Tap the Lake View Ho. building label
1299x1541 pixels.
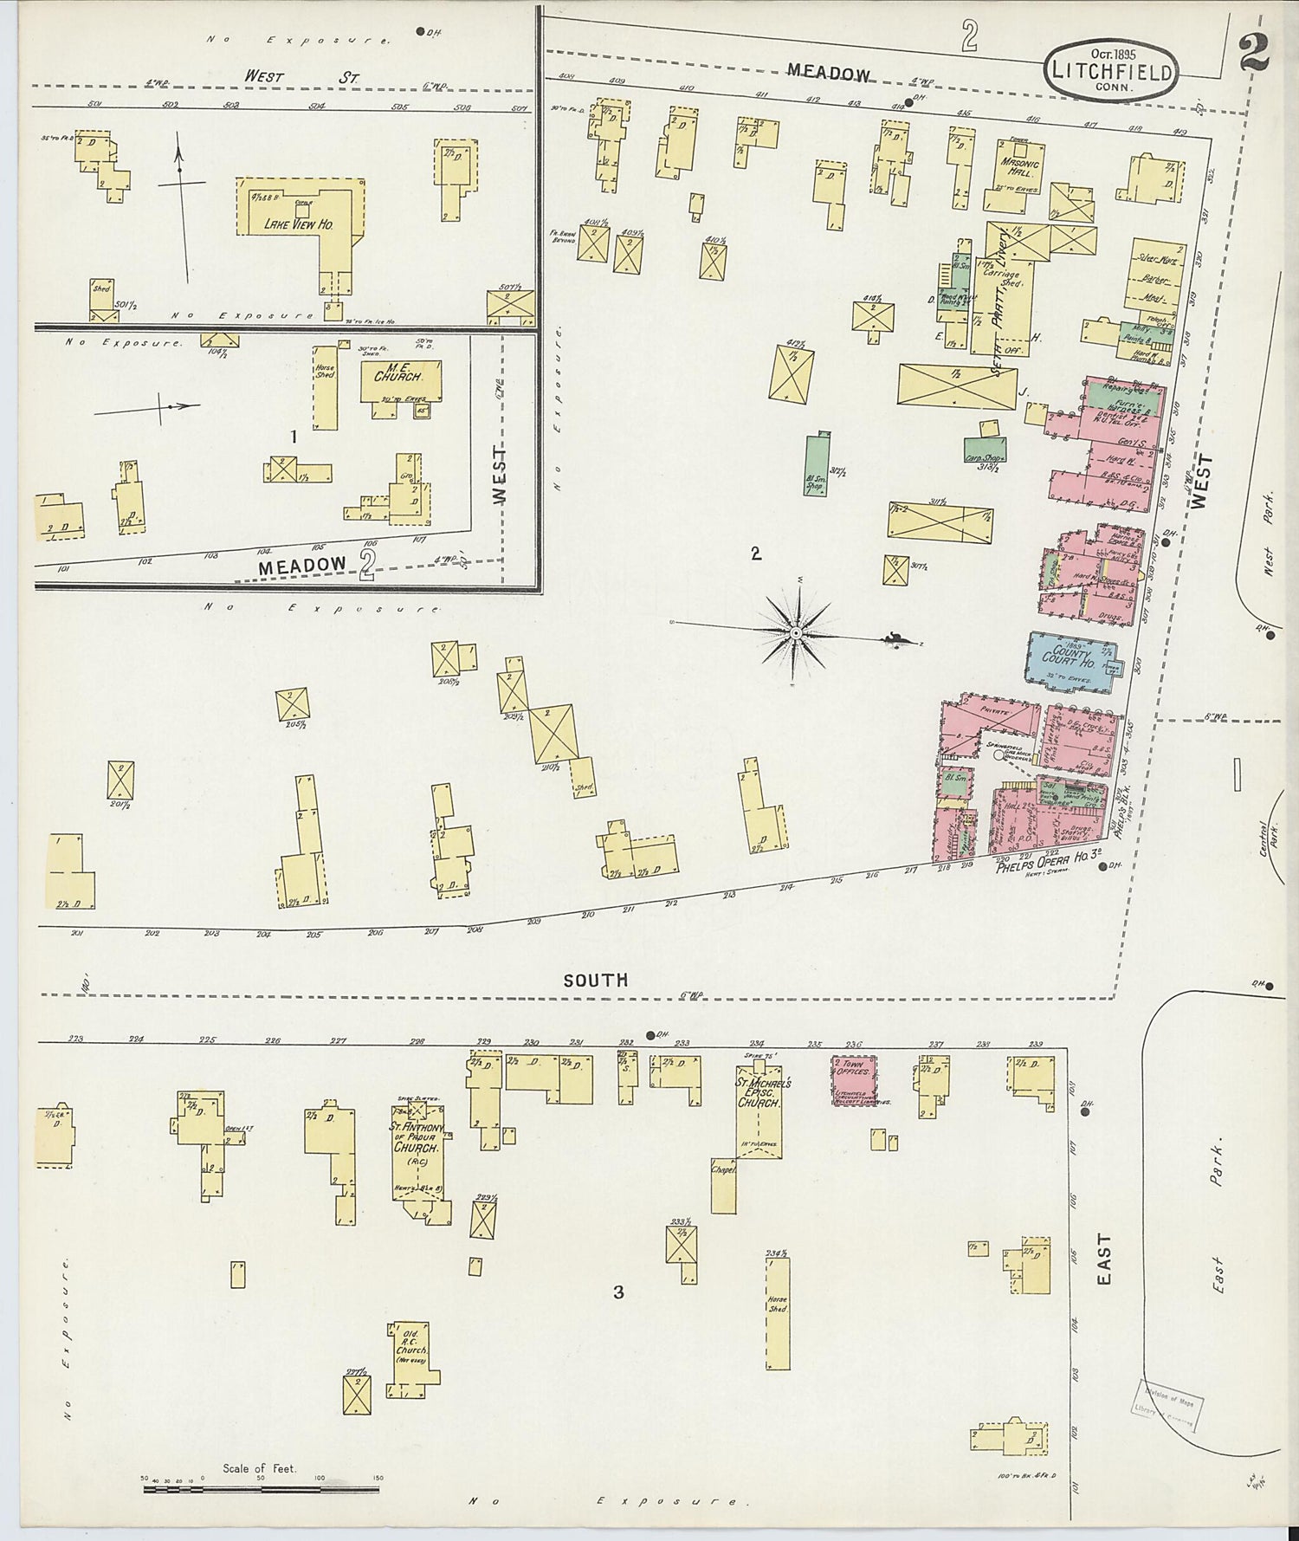click(299, 224)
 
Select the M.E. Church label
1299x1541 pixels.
click(397, 377)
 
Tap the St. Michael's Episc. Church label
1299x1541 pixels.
click(759, 1093)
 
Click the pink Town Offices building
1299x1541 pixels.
click(854, 1078)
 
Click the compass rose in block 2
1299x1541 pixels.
click(794, 633)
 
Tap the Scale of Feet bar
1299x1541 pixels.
click(260, 1490)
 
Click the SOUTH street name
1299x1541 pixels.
click(595, 980)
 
